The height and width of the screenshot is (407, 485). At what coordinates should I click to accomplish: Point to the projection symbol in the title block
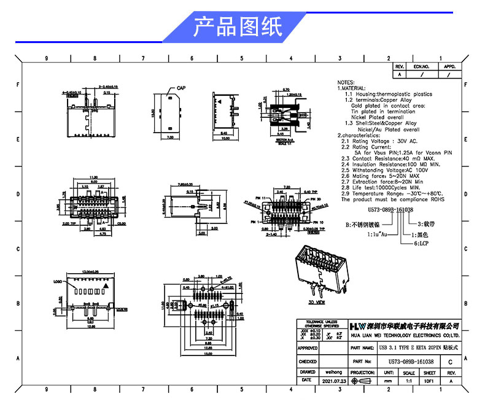pos(363,381)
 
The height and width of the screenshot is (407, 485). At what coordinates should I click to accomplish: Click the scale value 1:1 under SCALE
pos(408,381)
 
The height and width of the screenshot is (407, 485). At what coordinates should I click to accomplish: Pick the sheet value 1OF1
pos(430,381)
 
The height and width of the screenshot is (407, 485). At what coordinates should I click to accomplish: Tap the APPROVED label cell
pos(308,348)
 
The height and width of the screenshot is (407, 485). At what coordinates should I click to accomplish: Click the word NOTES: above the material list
pos(346,82)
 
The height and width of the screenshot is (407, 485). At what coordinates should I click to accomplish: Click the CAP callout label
pos(181,88)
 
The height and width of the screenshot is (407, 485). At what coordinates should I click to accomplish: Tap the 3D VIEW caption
pos(317,303)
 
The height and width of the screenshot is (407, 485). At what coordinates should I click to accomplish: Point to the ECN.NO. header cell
pos(421,66)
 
